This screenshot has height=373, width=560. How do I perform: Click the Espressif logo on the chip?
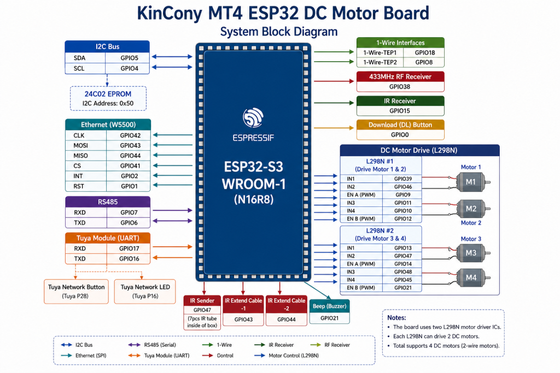tap(253, 117)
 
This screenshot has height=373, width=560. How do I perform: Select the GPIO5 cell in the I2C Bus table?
tap(129, 58)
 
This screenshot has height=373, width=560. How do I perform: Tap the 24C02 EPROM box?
tap(108, 98)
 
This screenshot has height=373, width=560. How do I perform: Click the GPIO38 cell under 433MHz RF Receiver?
tap(400, 87)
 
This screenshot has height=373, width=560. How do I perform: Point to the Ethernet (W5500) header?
tap(108, 125)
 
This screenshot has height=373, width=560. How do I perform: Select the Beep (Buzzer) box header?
tap(329, 306)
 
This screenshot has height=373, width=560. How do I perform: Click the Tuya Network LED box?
tap(145, 291)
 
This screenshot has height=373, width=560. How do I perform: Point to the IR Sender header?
tap(202, 300)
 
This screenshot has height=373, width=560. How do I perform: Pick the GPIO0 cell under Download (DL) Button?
tap(400, 135)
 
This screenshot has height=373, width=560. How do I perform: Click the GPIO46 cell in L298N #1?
tap(403, 187)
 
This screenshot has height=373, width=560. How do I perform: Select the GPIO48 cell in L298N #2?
tap(403, 272)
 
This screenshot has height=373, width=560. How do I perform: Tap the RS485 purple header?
tap(108, 202)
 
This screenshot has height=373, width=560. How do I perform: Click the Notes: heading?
tap(396, 317)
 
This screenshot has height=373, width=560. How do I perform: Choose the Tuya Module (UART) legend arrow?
tap(135, 355)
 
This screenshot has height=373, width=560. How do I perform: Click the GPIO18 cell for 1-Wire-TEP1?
tap(424, 52)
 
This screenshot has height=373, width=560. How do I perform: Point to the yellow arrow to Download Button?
tap(334, 128)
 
